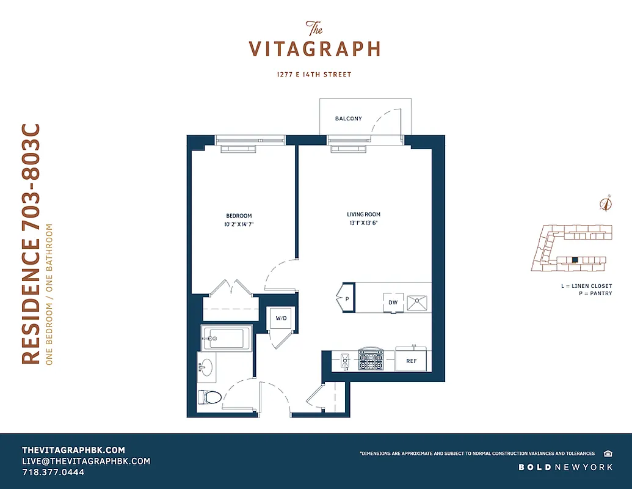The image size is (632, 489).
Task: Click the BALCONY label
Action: click(x=348, y=119)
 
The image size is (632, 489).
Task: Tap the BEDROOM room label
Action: click(x=239, y=216)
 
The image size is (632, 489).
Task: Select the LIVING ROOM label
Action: click(x=364, y=215)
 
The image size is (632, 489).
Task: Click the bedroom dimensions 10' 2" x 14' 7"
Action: click(x=239, y=225)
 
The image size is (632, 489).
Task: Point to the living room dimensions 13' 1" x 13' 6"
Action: click(x=364, y=224)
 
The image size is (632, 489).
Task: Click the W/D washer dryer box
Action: click(x=281, y=318)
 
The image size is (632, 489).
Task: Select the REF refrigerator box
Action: click(x=412, y=361)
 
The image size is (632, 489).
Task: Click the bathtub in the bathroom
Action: click(x=226, y=337)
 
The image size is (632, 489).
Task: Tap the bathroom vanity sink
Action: click(x=206, y=367)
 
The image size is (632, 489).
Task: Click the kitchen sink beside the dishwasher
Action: click(x=418, y=301)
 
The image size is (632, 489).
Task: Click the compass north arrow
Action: click(x=606, y=204)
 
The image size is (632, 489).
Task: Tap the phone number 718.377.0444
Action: click(x=53, y=472)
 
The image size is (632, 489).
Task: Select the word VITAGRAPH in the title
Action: click(x=314, y=49)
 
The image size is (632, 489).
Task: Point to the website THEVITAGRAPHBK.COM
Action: click(x=73, y=449)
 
